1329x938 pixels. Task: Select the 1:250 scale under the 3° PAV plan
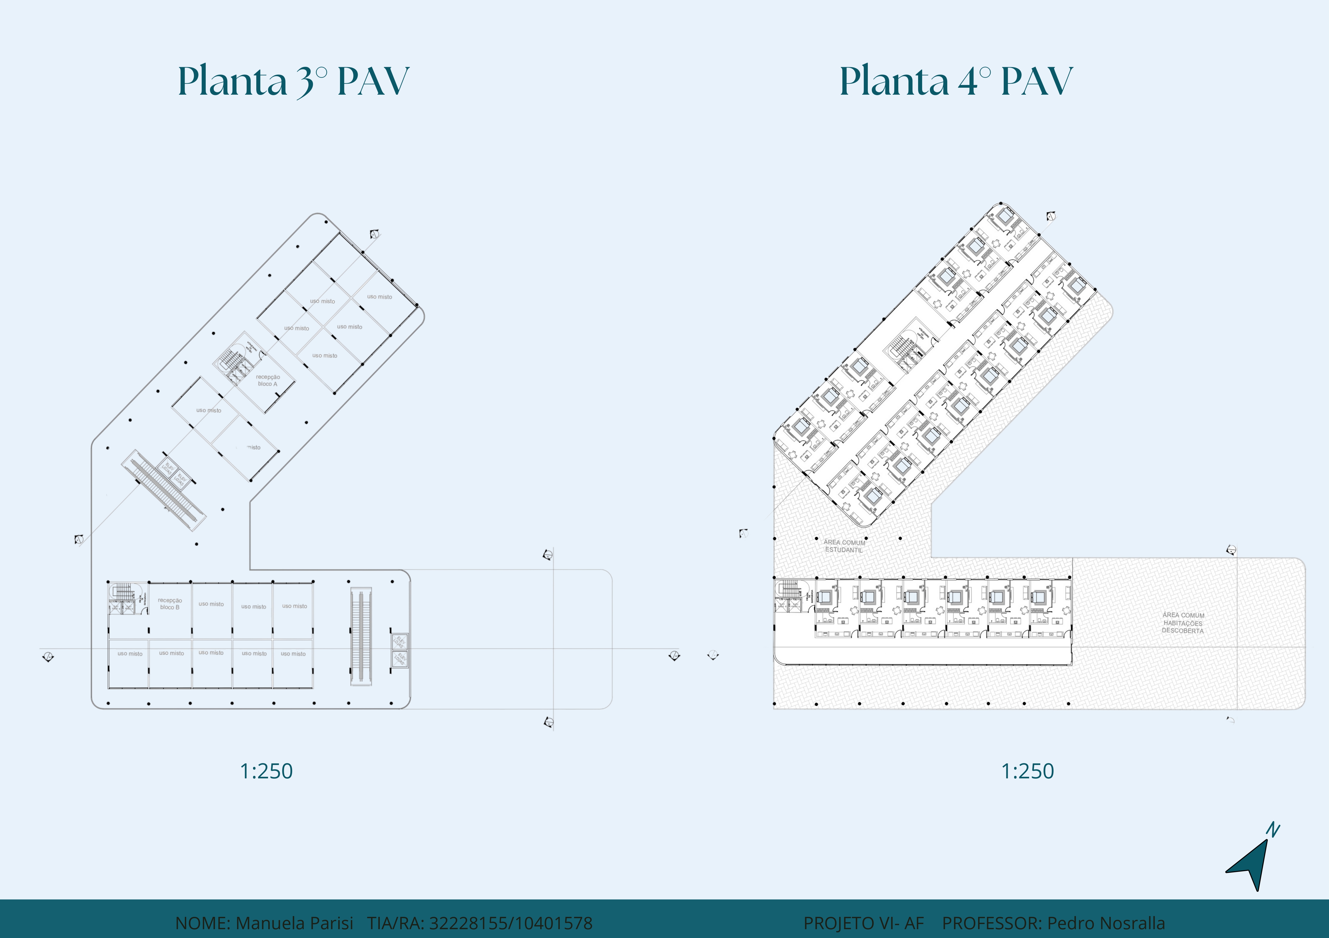(266, 771)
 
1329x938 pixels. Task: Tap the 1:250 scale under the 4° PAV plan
(1028, 771)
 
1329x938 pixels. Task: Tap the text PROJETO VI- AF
(864, 923)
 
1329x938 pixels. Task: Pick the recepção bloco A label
(268, 380)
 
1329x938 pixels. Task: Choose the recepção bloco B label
(170, 603)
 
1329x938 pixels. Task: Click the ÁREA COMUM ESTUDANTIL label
(845, 546)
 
